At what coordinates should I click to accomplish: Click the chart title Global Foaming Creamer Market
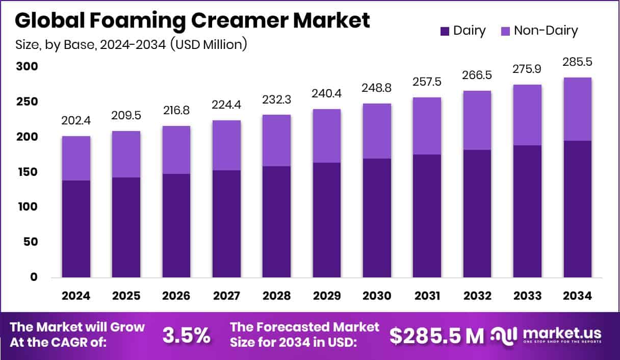192,21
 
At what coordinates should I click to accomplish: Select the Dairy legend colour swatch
444,31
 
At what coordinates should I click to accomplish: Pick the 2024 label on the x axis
76,296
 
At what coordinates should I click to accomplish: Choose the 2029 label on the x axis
327,296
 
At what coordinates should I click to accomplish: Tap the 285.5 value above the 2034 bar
577,63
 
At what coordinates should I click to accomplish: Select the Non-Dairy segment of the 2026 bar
176,150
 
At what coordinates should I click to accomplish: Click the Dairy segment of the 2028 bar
276,222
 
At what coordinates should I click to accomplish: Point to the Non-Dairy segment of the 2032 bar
477,120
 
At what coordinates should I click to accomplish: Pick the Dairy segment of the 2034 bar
577,209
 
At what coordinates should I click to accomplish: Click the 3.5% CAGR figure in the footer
186,335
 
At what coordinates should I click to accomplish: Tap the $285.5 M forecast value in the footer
436,335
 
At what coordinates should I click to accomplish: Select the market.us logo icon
504,335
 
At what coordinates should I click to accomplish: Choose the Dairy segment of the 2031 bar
427,216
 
